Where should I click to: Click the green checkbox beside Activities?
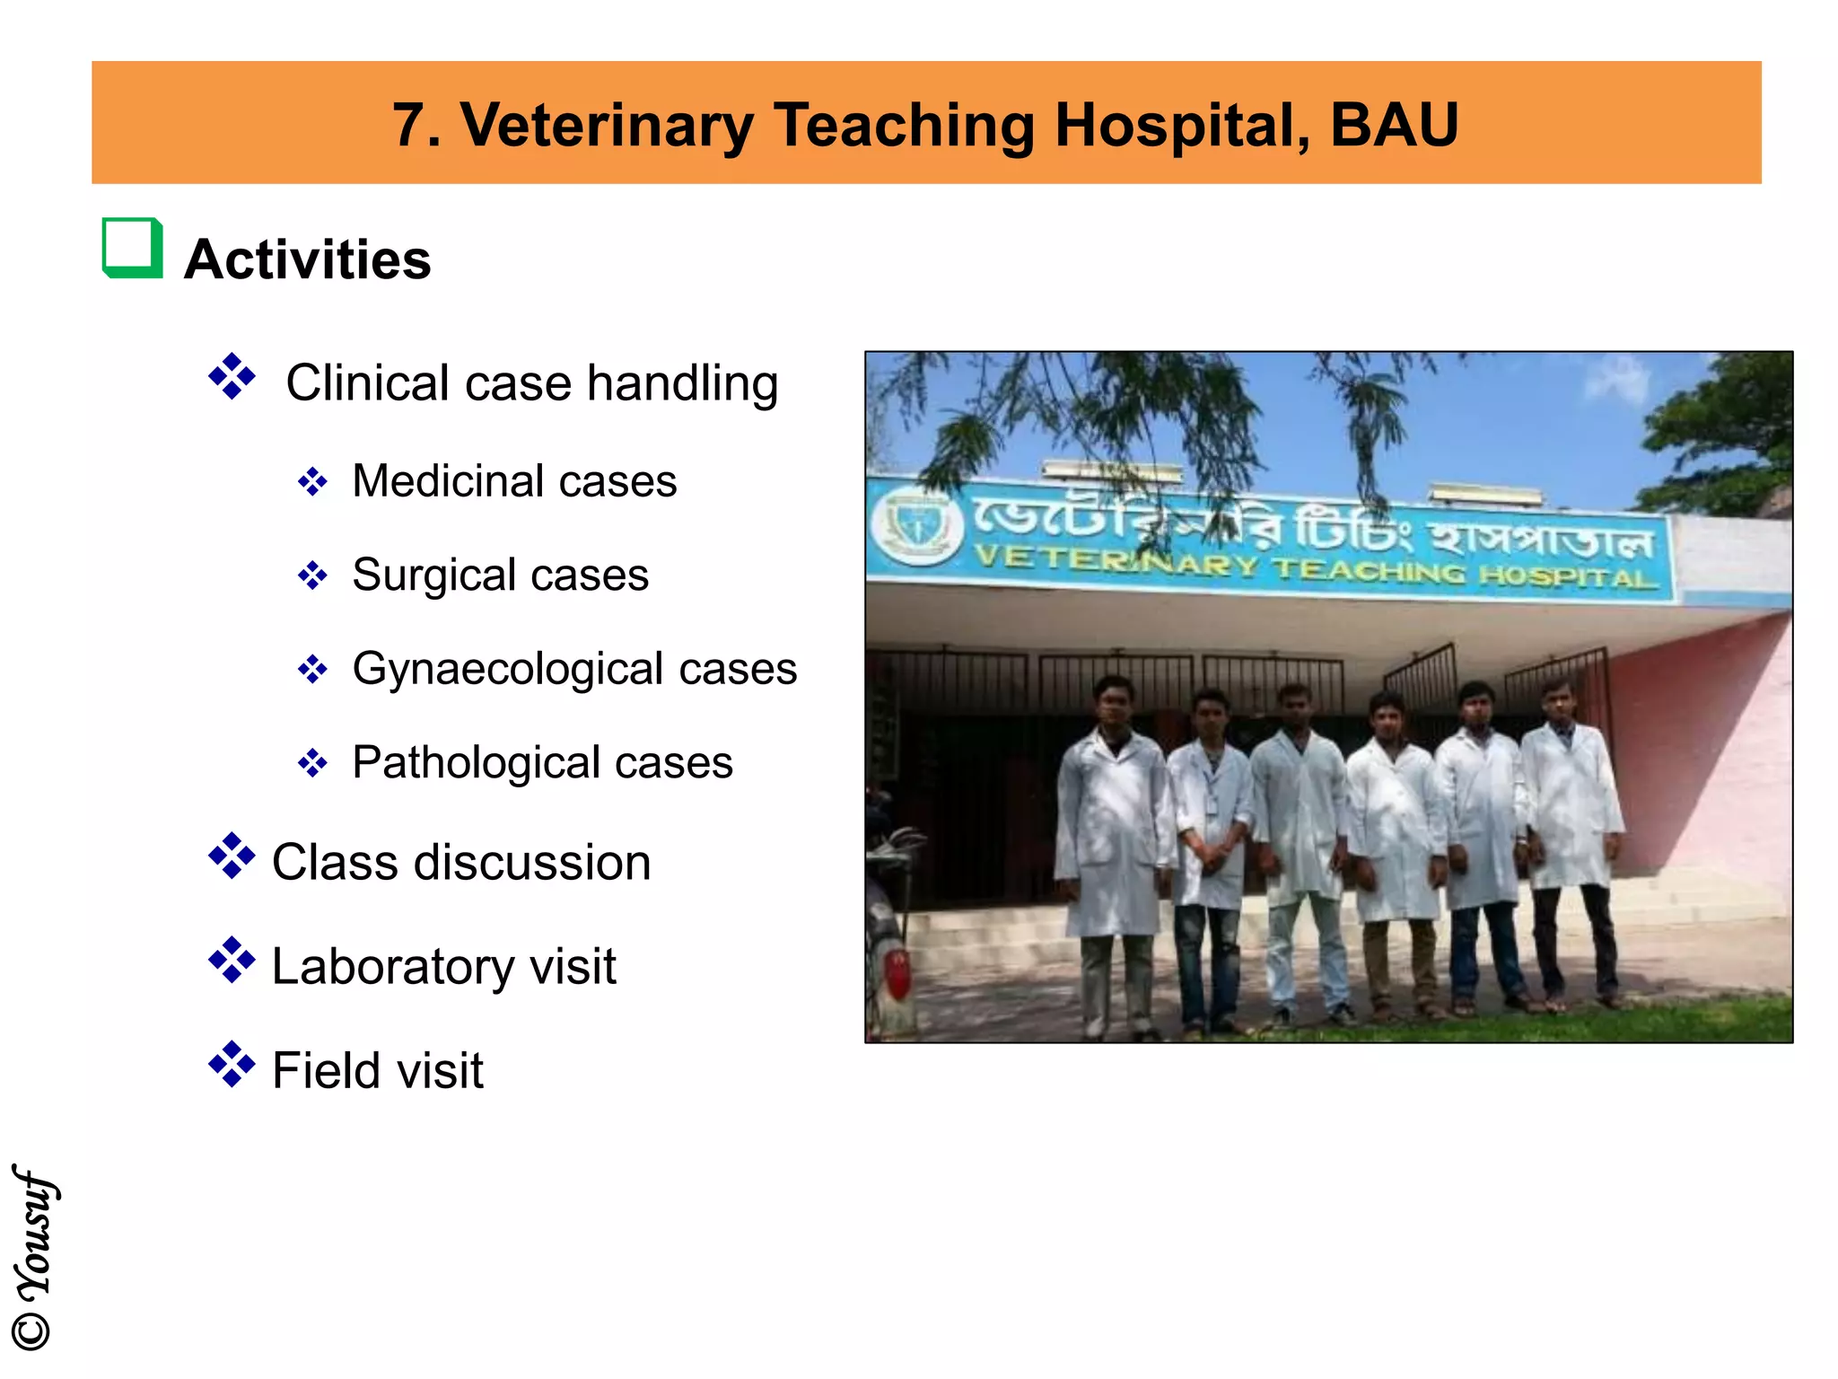[x=132, y=249]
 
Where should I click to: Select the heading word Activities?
[x=307, y=259]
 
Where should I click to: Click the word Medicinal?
[x=448, y=481]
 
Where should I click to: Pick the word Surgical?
[x=434, y=575]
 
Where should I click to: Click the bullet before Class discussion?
[x=232, y=856]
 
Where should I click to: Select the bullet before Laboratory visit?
[x=232, y=961]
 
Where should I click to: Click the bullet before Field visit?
[x=232, y=1065]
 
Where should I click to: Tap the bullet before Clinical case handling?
[x=232, y=377]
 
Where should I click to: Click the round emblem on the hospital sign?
[x=915, y=526]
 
